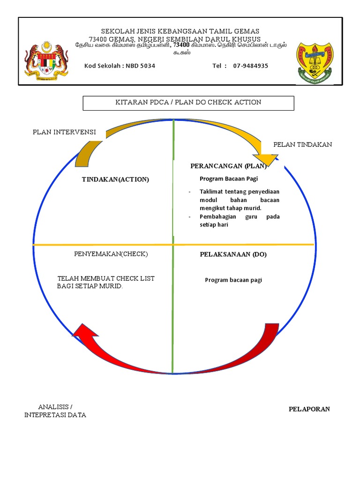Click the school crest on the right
[x=314, y=61]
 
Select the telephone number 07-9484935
[x=251, y=66]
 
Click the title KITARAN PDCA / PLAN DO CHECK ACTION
[x=188, y=103]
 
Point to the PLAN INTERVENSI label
[x=64, y=133]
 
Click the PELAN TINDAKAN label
[x=302, y=145]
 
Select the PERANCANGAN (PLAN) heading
[x=228, y=166]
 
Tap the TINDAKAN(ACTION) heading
[x=115, y=180]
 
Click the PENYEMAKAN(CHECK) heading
[x=111, y=254]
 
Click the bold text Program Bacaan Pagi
[x=229, y=179]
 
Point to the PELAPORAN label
[x=309, y=409]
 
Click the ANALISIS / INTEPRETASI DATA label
[x=55, y=411]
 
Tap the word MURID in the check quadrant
[x=111, y=286]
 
